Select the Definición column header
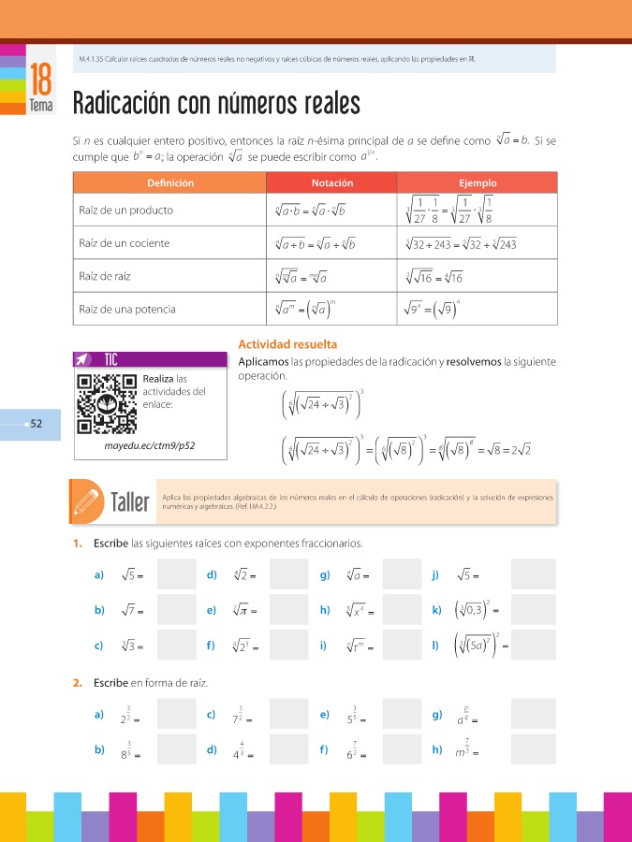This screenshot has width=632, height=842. click(x=169, y=183)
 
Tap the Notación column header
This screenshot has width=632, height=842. click(x=332, y=183)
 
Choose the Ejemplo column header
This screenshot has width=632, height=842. click(x=478, y=183)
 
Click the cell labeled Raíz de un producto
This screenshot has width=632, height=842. click(x=125, y=210)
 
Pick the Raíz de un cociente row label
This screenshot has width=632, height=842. click(x=124, y=243)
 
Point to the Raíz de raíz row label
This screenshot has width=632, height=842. click(x=110, y=276)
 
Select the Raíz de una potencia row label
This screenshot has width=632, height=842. click(x=126, y=309)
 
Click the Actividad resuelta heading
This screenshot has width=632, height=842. click(x=287, y=344)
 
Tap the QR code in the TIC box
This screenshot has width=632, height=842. click(x=108, y=403)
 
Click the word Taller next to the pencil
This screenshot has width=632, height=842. click(x=129, y=502)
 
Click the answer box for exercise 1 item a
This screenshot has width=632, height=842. click(x=177, y=574)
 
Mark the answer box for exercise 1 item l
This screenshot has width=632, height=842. click(x=533, y=646)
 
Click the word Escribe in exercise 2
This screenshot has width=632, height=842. click(x=110, y=683)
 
